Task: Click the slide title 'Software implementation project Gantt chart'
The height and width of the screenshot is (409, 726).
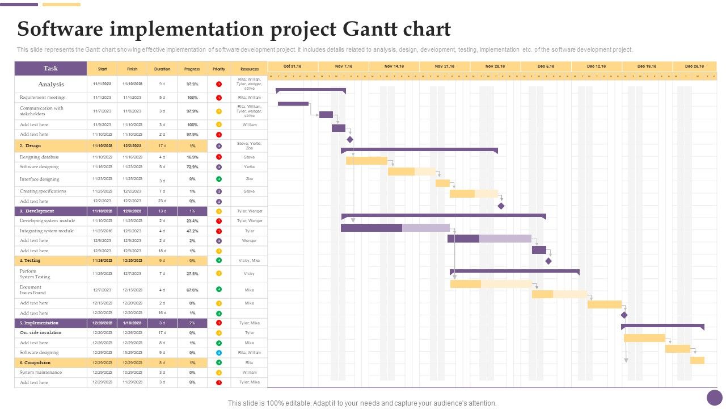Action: [x=234, y=28]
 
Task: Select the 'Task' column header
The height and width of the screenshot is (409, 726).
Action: [x=50, y=68]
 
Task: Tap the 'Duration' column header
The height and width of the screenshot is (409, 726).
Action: [x=162, y=69]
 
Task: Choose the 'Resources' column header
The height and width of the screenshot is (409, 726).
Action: [x=250, y=69]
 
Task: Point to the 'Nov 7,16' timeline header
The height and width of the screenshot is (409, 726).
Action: [x=344, y=66]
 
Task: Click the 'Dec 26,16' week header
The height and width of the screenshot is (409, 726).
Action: [x=694, y=66]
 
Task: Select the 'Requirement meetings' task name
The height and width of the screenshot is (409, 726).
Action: [x=43, y=98]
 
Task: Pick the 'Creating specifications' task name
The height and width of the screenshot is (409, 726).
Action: [x=43, y=191]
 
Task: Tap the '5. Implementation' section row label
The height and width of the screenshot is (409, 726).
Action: [x=39, y=323]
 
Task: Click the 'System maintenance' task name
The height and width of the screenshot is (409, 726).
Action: [x=40, y=373]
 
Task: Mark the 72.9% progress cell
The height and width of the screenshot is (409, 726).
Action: [x=192, y=167]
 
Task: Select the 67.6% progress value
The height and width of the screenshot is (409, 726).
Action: [x=192, y=290]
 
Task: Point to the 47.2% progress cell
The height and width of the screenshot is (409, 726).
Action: [x=192, y=231]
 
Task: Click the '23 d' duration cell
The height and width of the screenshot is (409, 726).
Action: [x=162, y=201]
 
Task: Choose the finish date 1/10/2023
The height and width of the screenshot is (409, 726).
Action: [x=132, y=323]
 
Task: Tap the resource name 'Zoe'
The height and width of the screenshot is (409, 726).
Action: [x=250, y=179]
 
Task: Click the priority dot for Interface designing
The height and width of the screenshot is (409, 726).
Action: [x=219, y=179]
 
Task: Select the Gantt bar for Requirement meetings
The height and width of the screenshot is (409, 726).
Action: [x=293, y=103]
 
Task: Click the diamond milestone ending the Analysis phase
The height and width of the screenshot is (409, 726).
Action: [x=350, y=139]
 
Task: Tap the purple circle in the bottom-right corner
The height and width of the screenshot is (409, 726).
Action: [x=715, y=398]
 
